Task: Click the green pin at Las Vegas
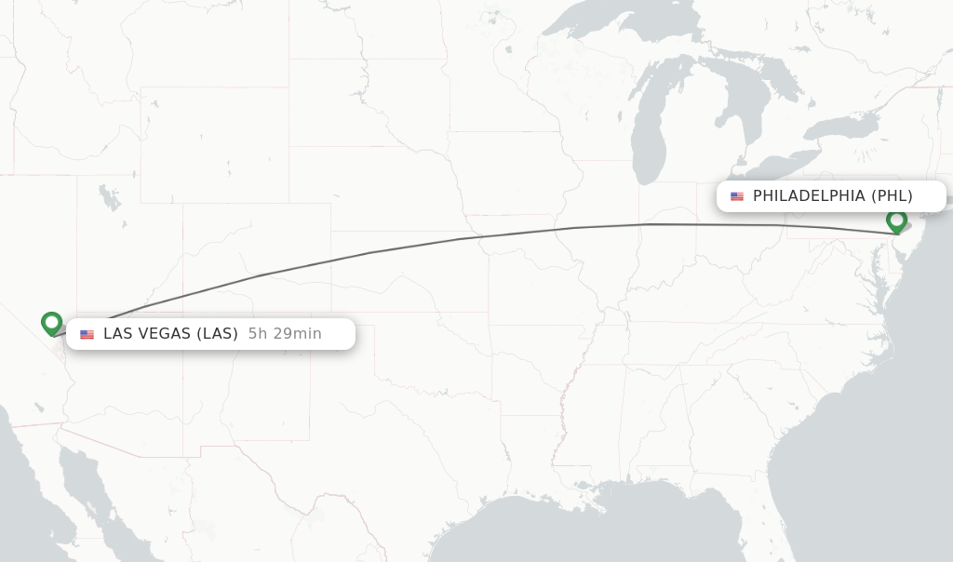52,322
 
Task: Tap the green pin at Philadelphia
896,221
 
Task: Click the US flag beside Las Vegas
87,334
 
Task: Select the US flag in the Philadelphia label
737,196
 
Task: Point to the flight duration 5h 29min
285,334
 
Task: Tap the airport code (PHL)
892,196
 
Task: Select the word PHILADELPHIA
809,196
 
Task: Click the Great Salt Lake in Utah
110,198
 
